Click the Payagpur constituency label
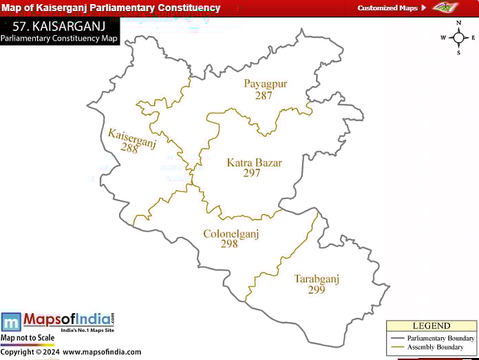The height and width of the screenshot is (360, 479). click(x=265, y=84)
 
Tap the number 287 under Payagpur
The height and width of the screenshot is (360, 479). click(x=264, y=96)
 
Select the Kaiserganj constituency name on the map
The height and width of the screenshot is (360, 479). click(x=132, y=137)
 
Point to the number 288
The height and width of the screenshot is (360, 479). click(x=129, y=148)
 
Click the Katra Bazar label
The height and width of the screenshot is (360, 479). click(x=254, y=162)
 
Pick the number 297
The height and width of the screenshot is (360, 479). click(x=252, y=173)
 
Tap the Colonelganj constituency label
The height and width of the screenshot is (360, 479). click(x=231, y=233)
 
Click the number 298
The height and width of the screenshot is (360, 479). click(x=229, y=244)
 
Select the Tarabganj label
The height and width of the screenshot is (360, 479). click(x=317, y=279)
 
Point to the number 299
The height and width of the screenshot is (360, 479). click(x=317, y=290)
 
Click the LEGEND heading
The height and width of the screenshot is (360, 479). click(x=431, y=326)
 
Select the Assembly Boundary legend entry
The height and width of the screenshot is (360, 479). click(x=435, y=347)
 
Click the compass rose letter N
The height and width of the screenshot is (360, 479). click(x=458, y=23)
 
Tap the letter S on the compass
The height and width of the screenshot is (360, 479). click(x=458, y=52)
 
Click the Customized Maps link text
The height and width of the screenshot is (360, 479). click(x=387, y=8)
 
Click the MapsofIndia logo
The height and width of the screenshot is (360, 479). click(x=58, y=321)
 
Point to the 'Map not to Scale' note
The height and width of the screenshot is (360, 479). click(x=28, y=338)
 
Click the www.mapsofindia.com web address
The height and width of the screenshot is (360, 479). click(x=102, y=352)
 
